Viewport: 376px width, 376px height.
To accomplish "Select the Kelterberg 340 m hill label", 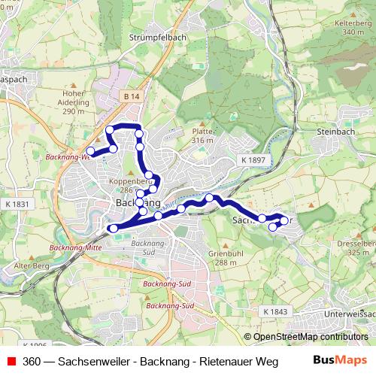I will click(x=347, y=27).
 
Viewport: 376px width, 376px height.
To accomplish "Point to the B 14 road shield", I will click(x=129, y=98).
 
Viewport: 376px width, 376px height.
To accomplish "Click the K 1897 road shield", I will click(x=253, y=161).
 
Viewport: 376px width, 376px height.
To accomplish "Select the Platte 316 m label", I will click(x=202, y=135).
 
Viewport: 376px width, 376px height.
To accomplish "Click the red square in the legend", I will click(x=9, y=362).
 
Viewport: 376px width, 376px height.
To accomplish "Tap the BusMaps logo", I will click(x=338, y=361).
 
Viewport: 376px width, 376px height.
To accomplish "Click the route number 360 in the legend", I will click(x=32, y=362).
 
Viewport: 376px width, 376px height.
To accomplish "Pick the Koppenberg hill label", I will click(x=127, y=181).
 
